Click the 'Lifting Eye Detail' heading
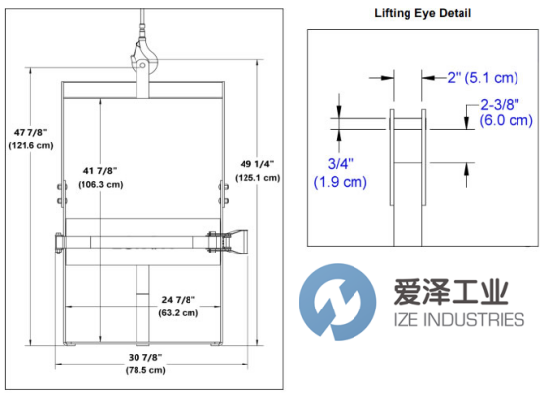click(x=422, y=13)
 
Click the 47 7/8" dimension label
click(x=30, y=133)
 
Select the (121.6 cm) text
click(x=30, y=145)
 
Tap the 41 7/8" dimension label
click(x=100, y=171)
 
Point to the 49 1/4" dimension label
click(x=257, y=164)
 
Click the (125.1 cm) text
click(x=257, y=178)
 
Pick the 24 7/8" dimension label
click(x=179, y=300)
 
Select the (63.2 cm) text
click(x=179, y=313)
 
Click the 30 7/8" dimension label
click(x=145, y=357)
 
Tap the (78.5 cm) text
click(x=145, y=370)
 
